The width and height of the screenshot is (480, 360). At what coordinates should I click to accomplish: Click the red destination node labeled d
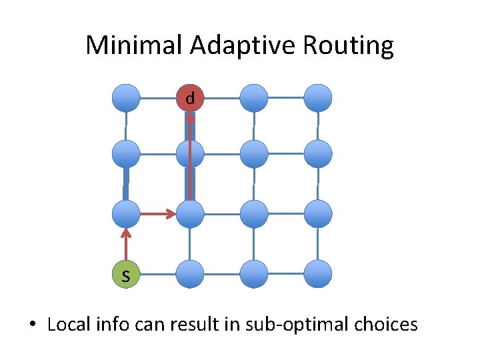tap(190, 98)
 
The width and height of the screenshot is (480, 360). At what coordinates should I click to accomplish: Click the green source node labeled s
tap(125, 273)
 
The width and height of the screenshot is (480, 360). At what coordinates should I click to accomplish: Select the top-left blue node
tap(126, 98)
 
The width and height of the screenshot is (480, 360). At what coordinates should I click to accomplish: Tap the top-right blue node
tap(318, 98)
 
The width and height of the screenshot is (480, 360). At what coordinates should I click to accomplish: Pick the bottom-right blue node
tap(318, 273)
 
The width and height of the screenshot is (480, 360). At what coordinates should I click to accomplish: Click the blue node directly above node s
tap(125, 214)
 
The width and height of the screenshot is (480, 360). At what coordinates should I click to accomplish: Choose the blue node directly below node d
tap(190, 154)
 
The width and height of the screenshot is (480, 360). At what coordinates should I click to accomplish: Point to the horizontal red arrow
tap(157, 214)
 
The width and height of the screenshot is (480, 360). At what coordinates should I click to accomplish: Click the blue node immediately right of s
tap(190, 273)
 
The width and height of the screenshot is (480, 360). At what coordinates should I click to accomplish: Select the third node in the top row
tap(253, 98)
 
